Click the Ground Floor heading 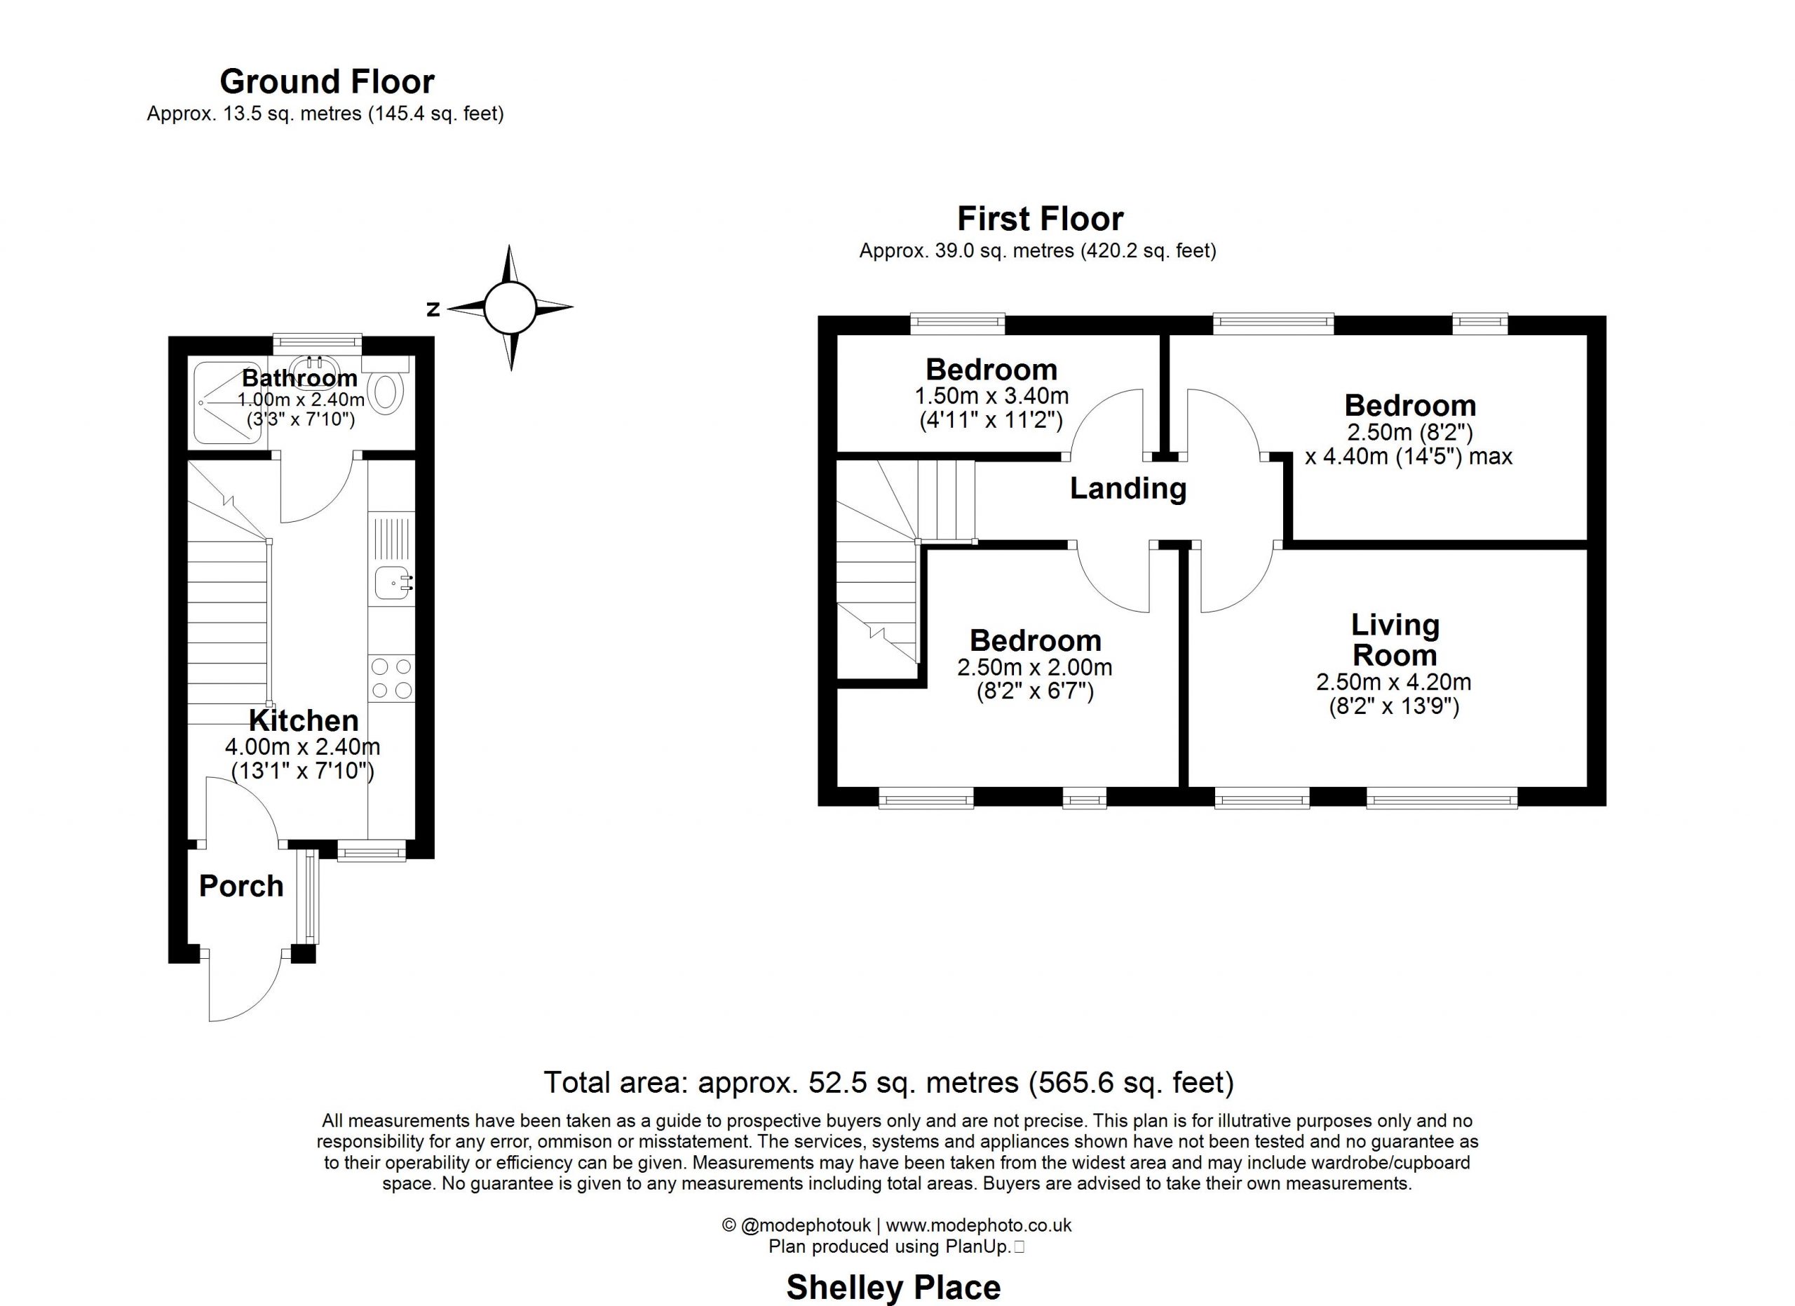(x=327, y=81)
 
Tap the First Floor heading (x=1040, y=218)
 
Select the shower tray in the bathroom (x=229, y=403)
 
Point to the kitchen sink (x=393, y=585)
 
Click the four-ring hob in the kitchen (x=392, y=678)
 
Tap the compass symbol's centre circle (x=510, y=308)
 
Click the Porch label (x=241, y=887)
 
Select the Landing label (x=1127, y=488)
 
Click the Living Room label (x=1395, y=640)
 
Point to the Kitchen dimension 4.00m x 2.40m (x=303, y=746)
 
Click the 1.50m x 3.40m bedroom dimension (x=991, y=396)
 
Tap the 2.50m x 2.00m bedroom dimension (x=1035, y=667)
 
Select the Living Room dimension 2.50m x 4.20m (x=1394, y=682)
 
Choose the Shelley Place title (x=893, y=1288)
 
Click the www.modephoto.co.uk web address (x=979, y=1225)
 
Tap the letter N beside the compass (x=433, y=309)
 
